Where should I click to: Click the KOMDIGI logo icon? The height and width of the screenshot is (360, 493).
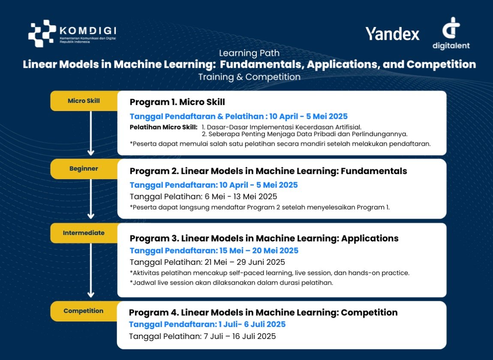coord(42,33)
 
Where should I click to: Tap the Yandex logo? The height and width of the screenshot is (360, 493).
coord(392,33)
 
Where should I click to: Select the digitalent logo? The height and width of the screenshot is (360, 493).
coord(451,33)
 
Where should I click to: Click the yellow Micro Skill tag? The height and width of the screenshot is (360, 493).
coord(84,101)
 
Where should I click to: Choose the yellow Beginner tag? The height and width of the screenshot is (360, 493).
coord(84,169)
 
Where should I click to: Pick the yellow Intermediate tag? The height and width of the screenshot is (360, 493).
coord(84,233)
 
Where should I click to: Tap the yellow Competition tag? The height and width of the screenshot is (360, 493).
coord(84,311)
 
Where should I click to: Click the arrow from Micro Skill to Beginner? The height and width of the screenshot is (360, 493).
coord(91,133)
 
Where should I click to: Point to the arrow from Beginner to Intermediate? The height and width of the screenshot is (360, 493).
coord(91,199)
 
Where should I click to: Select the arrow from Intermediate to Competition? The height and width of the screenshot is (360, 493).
coord(91,270)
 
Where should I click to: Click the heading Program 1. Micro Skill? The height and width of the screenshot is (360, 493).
coord(177,102)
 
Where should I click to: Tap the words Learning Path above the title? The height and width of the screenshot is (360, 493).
coord(250,53)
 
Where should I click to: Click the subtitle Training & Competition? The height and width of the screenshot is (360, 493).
coord(250,77)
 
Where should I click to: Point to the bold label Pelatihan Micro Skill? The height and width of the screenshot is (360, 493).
coord(163,127)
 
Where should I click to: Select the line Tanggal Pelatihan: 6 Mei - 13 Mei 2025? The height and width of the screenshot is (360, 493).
coord(204,197)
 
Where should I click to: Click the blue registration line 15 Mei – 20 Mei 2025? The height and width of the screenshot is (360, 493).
coord(214,251)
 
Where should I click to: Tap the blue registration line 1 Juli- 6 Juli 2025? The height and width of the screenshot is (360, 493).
coord(207,324)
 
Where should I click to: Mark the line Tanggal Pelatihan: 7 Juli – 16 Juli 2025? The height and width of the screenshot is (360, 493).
coord(202,336)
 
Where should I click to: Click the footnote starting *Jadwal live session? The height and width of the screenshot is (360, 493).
coord(231,283)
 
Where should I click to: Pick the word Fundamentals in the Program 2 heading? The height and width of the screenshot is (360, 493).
coord(374,171)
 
